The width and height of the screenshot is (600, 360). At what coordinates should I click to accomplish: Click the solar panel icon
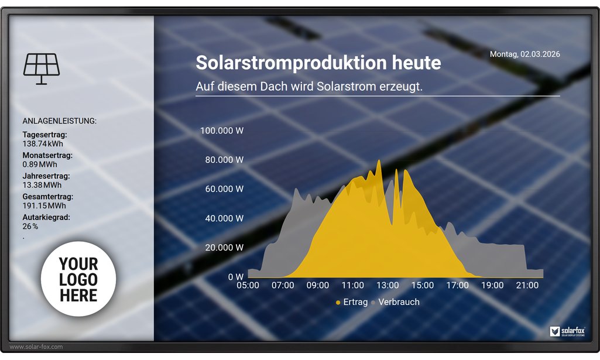42,68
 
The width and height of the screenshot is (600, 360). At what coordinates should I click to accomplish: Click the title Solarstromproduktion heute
318,63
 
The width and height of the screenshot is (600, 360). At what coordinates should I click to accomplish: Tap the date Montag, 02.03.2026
524,54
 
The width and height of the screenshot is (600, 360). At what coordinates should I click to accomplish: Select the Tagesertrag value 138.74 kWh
43,144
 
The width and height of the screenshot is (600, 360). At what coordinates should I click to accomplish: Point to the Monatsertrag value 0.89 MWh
40,164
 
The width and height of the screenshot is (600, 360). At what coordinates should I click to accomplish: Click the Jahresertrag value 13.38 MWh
42,185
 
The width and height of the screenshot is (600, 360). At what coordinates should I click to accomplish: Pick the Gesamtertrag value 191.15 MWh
44,206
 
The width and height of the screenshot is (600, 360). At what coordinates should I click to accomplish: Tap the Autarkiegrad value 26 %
30,227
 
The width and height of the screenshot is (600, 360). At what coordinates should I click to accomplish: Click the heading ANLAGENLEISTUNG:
59,121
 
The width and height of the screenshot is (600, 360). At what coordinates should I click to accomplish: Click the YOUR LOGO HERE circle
78,279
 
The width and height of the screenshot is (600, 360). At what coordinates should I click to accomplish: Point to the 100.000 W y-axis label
222,131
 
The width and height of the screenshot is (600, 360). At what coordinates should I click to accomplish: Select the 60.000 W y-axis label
224,189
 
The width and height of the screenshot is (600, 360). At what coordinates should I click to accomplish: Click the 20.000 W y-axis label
224,248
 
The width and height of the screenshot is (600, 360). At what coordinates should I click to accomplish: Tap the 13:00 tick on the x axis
388,286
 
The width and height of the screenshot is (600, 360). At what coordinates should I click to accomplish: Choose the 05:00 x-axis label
248,286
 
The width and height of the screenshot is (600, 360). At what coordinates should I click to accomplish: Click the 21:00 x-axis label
527,286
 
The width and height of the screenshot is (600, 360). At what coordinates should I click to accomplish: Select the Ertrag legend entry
352,302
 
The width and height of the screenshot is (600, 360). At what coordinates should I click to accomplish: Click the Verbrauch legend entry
395,302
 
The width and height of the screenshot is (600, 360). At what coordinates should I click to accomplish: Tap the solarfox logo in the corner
567,331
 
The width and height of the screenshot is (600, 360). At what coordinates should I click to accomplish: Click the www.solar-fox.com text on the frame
36,347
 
